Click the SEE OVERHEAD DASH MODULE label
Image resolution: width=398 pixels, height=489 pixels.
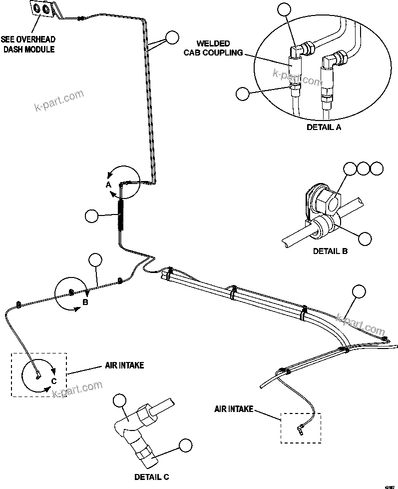pyautogui.click(x=28, y=44)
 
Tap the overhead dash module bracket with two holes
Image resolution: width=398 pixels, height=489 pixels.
pyautogui.click(x=42, y=9)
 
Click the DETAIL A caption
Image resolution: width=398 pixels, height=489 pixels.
pyautogui.click(x=324, y=127)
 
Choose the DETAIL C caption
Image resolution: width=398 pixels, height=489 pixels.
pyautogui.click(x=151, y=477)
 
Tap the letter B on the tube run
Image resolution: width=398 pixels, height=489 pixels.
pyautogui.click(x=85, y=302)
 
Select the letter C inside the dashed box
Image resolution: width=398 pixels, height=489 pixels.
pyautogui.click(x=54, y=382)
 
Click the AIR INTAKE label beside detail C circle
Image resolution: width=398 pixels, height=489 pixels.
pyautogui.click(x=124, y=365)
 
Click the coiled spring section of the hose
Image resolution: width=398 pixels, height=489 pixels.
pyautogui.click(x=121, y=214)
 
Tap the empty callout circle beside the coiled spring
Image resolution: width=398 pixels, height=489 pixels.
pyautogui.click(x=92, y=216)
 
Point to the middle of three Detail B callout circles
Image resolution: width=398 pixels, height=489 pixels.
pyautogui.click(x=364, y=168)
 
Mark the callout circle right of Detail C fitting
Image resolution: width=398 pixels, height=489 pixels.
pyautogui.click(x=185, y=445)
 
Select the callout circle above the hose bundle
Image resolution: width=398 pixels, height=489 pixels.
pyautogui.click(x=359, y=292)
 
